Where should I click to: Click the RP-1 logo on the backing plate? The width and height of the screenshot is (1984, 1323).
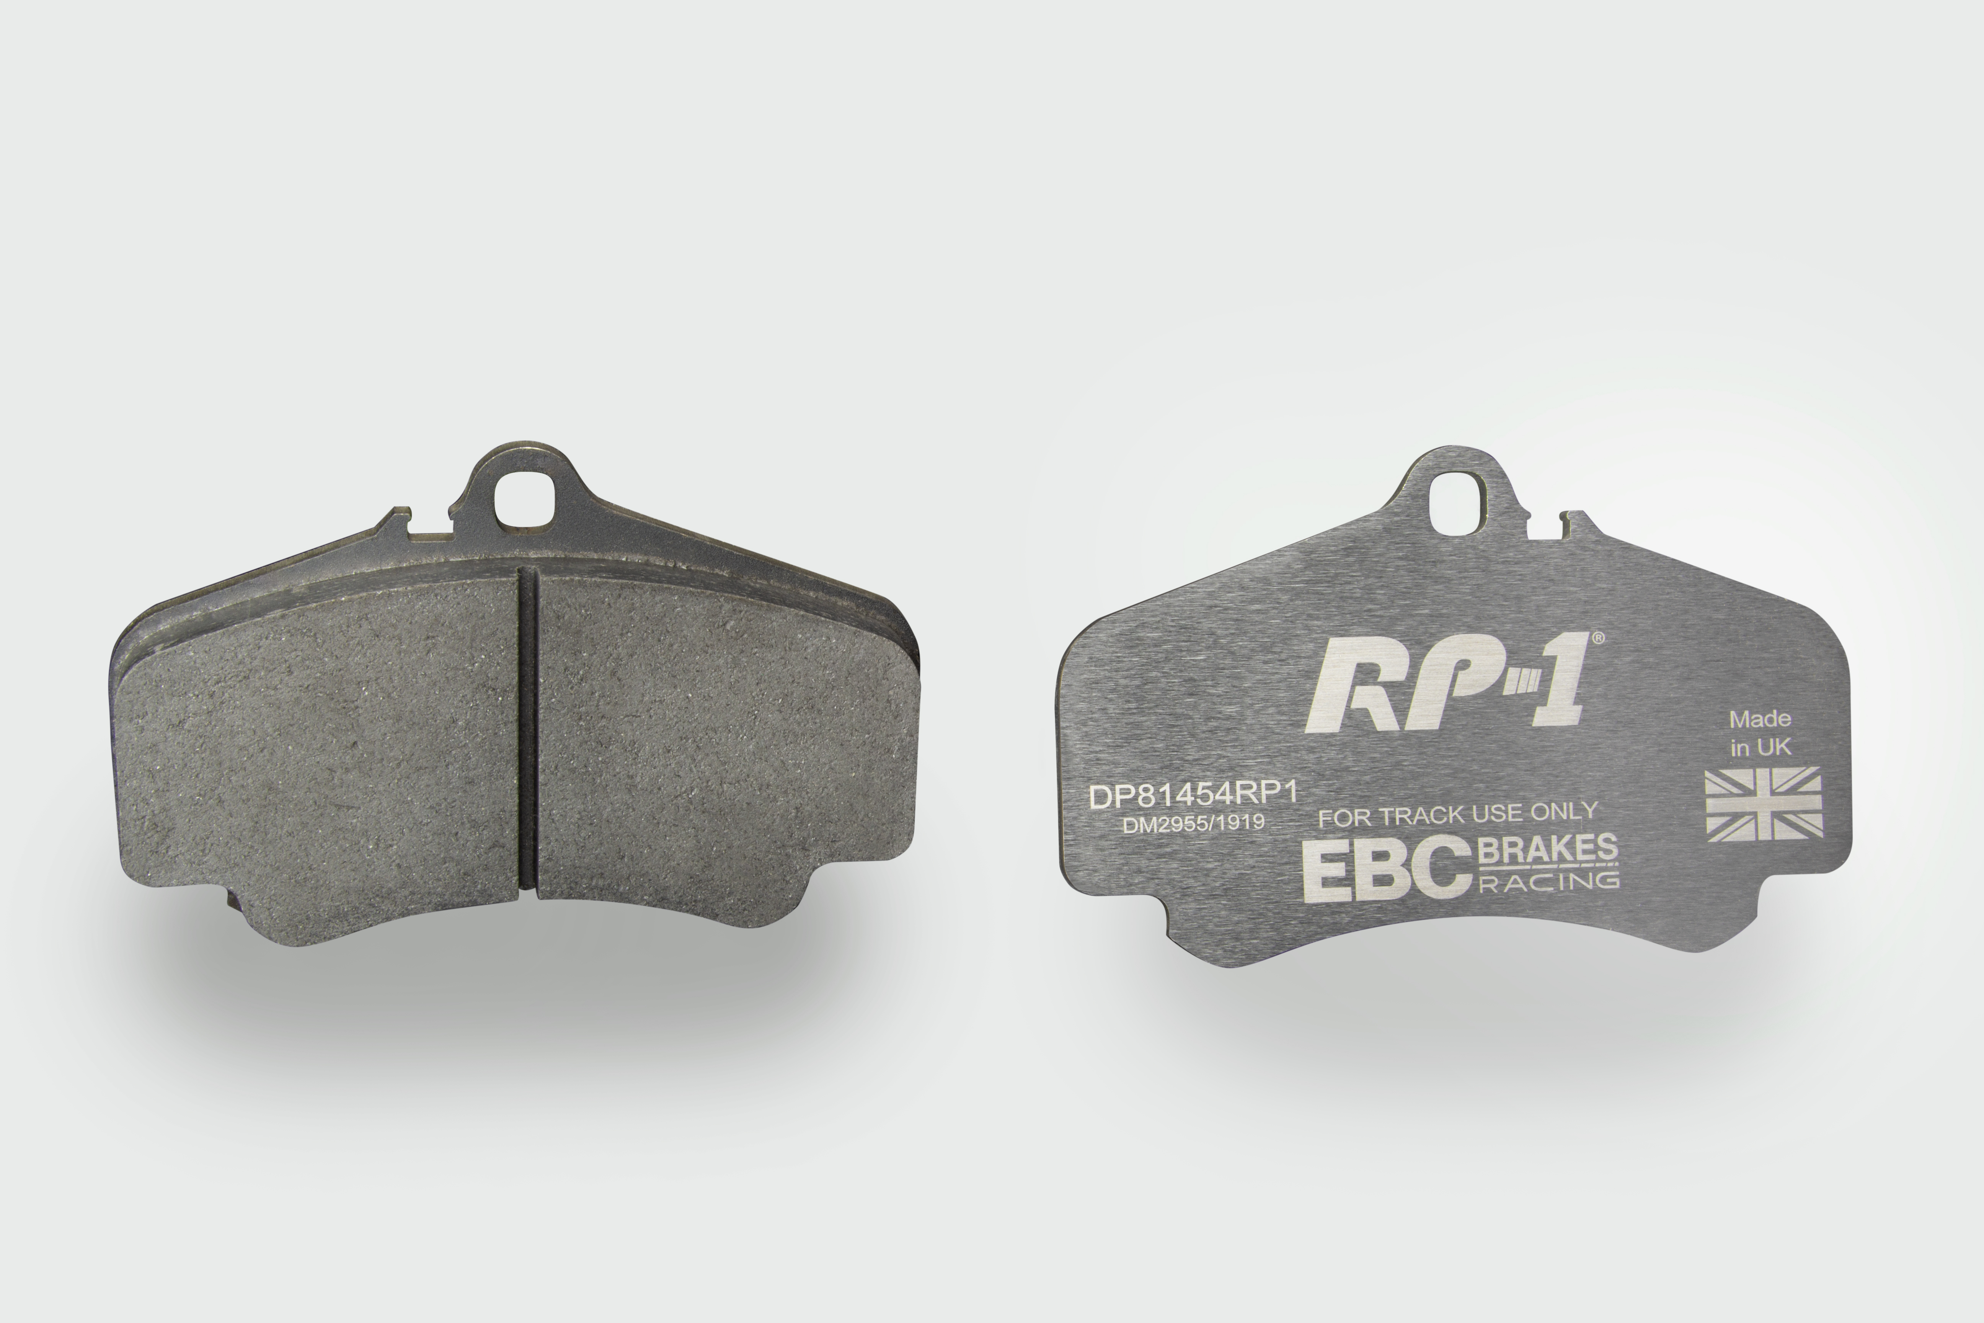click(1446, 683)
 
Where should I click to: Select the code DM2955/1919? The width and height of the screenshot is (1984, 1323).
click(1193, 823)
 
